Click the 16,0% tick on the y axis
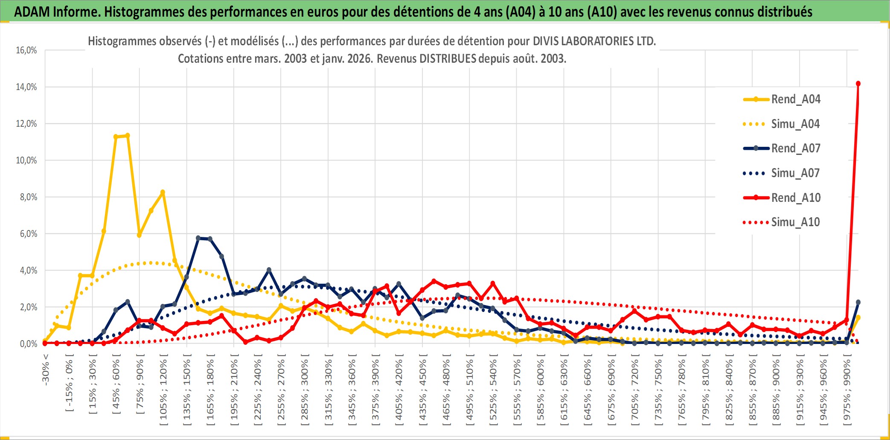pyautogui.click(x=26, y=50)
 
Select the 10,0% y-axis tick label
pyautogui.click(x=26, y=160)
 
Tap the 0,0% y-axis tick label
pyautogui.click(x=28, y=344)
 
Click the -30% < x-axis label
pyautogui.click(x=46, y=370)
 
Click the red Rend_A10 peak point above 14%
pyautogui.click(x=858, y=84)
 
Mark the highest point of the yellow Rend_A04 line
pyautogui.click(x=127, y=136)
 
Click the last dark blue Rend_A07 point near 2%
pyautogui.click(x=858, y=302)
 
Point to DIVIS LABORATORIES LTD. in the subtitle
pyautogui.click(x=594, y=41)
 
